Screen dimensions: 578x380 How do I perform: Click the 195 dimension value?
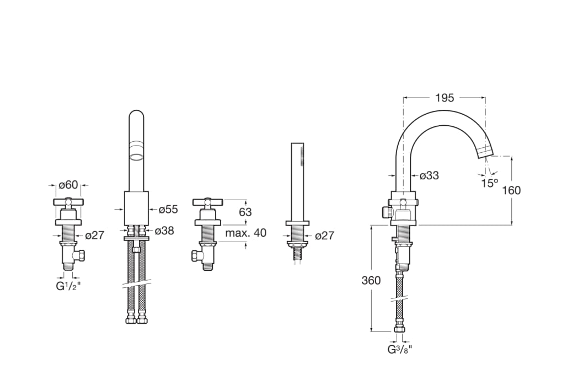pyautogui.click(x=445, y=98)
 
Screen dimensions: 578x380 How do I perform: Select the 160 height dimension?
pyautogui.click(x=511, y=190)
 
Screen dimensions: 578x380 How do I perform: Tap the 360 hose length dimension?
pyautogui.click(x=371, y=281)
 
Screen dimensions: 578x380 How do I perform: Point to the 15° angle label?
pyautogui.click(x=490, y=183)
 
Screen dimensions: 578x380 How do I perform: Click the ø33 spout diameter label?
pyautogui.click(x=430, y=175)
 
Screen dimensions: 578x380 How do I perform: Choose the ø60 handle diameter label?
pyautogui.click(x=68, y=184)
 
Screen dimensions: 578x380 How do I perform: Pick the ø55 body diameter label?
pyautogui.click(x=168, y=210)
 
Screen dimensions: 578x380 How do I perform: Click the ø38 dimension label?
pyautogui.click(x=164, y=231)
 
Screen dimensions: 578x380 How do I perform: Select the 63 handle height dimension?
pyautogui.click(x=245, y=212)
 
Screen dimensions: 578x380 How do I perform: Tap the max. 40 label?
pyautogui.click(x=245, y=233)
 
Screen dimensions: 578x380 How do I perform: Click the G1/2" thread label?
pyautogui.click(x=68, y=286)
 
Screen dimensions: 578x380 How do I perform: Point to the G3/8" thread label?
pyautogui.click(x=400, y=349)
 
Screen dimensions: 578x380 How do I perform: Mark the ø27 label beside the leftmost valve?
pyautogui.click(x=94, y=235)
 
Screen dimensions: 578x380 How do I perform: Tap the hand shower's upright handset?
pyautogui.click(x=297, y=181)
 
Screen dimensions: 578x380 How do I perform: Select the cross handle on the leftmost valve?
pyautogui.click(x=68, y=202)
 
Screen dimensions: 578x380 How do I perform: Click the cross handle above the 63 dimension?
pyautogui.click(x=207, y=202)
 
